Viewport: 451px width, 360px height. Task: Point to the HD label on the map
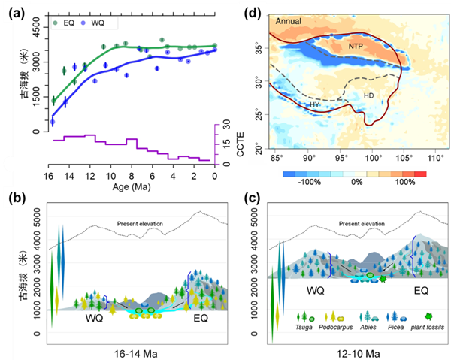pyautogui.click(x=368, y=95)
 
